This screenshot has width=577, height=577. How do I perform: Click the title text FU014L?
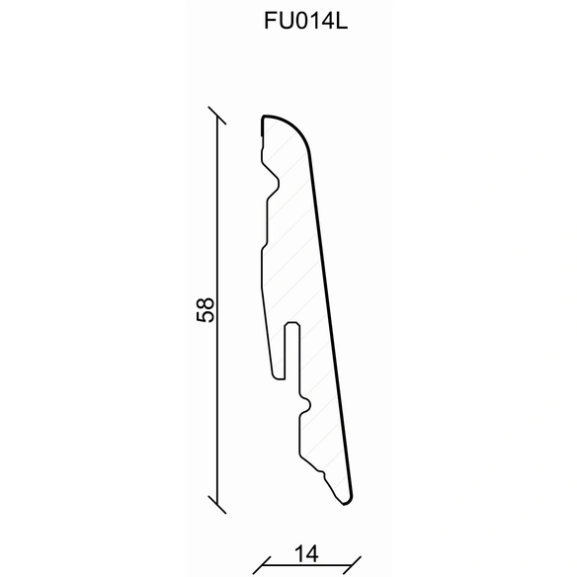coord(305,21)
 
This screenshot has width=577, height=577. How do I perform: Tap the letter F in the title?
coord(270,21)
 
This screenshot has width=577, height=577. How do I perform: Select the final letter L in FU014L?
coord(342,21)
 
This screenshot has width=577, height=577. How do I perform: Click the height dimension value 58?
coord(205,309)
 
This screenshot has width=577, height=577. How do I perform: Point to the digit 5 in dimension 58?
coord(205,316)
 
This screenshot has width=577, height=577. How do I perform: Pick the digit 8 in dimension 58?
coord(205,303)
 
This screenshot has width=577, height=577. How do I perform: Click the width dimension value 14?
coord(306,554)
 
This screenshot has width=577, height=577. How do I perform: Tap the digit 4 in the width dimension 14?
coord(311,554)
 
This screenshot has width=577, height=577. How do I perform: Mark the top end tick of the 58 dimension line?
coord(217,116)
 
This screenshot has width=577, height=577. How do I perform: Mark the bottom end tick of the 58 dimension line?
coord(217,504)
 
